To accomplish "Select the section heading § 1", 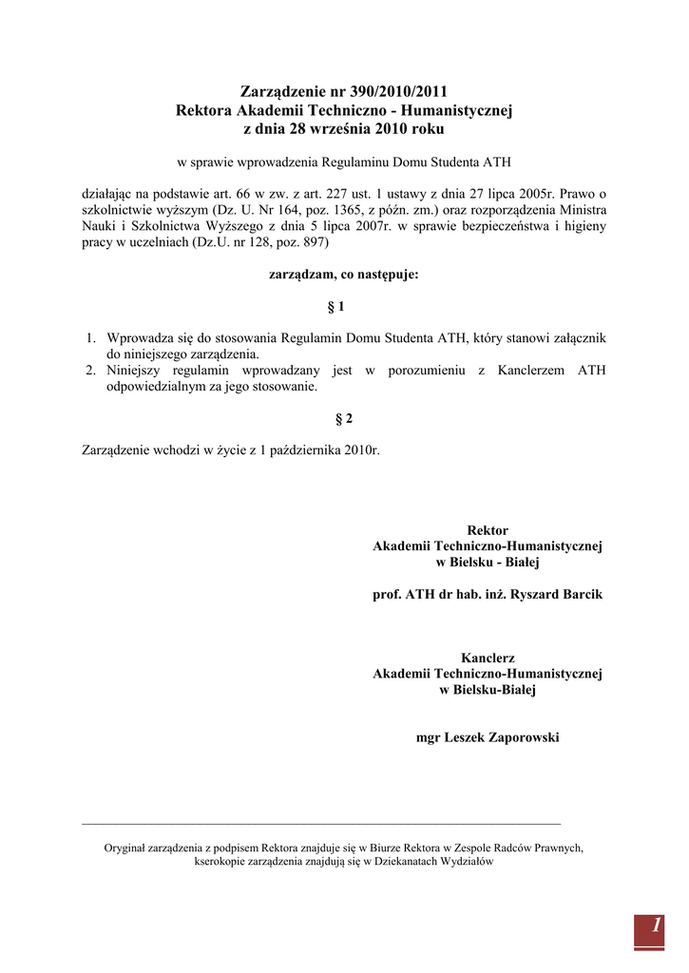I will pyautogui.click(x=335, y=307).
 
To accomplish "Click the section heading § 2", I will pyautogui.click(x=344, y=418).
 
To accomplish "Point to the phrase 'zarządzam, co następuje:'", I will pyautogui.click(x=344, y=274).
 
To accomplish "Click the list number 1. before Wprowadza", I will pyautogui.click(x=92, y=337).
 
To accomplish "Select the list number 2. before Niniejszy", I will pyautogui.click(x=92, y=370).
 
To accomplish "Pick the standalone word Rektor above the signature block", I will pyautogui.click(x=488, y=530).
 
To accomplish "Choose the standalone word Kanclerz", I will pyautogui.click(x=488, y=658).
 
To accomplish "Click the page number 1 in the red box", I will pyautogui.click(x=656, y=925).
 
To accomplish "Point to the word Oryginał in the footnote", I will pyautogui.click(x=126, y=848).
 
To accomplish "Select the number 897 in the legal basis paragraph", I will pyautogui.click(x=314, y=242).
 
